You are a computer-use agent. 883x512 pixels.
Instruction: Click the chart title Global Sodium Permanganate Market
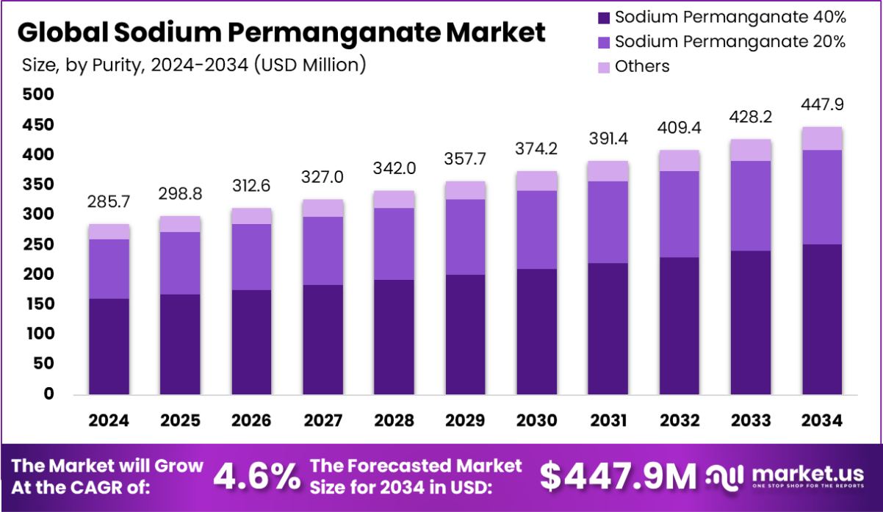pyautogui.click(x=281, y=33)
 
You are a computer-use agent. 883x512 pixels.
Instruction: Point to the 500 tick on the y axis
pyautogui.click(x=38, y=95)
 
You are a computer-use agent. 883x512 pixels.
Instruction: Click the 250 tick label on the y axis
pyautogui.click(x=38, y=245)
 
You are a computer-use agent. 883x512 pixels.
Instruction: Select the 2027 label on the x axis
pyautogui.click(x=322, y=421)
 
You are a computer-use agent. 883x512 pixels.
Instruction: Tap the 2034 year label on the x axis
pyautogui.click(x=821, y=421)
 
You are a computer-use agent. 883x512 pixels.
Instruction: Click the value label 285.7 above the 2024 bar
pyautogui.click(x=109, y=201)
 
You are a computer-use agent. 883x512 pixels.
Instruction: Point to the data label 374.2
pyautogui.click(x=536, y=148)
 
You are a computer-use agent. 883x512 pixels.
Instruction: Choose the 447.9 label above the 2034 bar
pyautogui.click(x=821, y=104)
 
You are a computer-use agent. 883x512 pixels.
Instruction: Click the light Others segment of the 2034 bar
pyautogui.click(x=821, y=138)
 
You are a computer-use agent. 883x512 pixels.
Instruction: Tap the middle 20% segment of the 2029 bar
pyautogui.click(x=465, y=237)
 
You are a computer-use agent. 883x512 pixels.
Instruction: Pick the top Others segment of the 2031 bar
pyautogui.click(x=608, y=171)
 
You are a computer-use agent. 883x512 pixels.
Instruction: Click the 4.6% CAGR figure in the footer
pyautogui.click(x=256, y=477)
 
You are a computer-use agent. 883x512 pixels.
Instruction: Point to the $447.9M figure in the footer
pyautogui.click(x=618, y=477)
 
